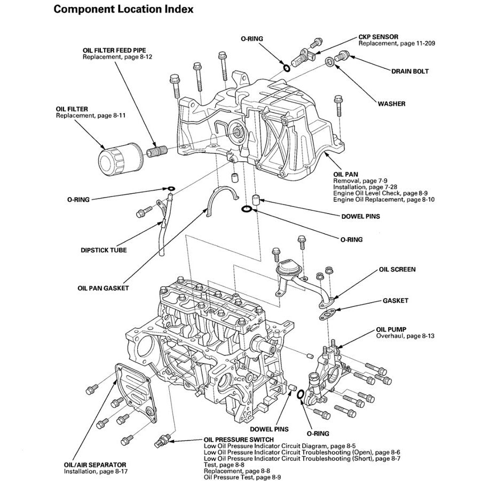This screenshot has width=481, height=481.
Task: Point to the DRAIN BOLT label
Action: [x=409, y=70]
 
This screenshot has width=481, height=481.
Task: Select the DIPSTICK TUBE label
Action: [x=104, y=249]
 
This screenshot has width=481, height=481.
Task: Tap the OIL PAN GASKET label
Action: [x=102, y=288]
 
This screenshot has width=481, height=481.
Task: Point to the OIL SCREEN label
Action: [x=397, y=270]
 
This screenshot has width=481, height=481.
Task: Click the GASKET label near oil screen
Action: [x=396, y=301]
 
